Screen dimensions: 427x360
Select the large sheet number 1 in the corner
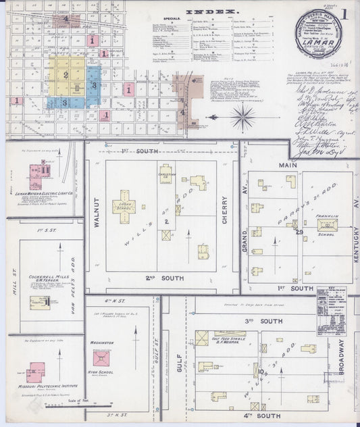(344, 13)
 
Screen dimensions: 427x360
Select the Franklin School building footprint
(329, 226)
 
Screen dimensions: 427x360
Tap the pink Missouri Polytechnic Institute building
(36, 371)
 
